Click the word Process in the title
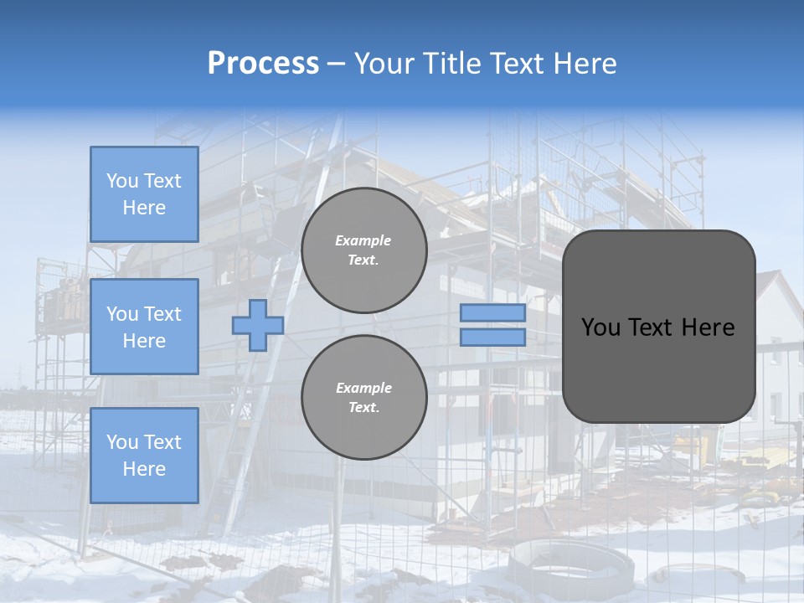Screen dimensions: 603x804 (x=263, y=64)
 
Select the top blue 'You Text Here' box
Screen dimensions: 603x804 (x=144, y=194)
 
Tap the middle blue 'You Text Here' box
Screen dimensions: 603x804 (x=144, y=327)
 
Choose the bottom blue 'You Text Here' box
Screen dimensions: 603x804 (x=144, y=455)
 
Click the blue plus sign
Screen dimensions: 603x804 (x=257, y=325)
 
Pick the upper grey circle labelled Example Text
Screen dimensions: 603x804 (x=364, y=250)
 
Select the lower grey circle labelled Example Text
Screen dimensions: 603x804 (x=364, y=397)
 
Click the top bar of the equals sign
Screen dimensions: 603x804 (x=493, y=313)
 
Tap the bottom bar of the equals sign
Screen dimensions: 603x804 (x=493, y=338)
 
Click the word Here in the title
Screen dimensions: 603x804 (x=586, y=64)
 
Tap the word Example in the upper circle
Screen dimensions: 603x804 (x=363, y=240)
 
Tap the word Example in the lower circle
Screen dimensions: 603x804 (x=363, y=388)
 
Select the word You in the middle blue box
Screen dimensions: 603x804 (x=121, y=314)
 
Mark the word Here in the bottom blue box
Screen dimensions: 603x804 (x=144, y=469)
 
